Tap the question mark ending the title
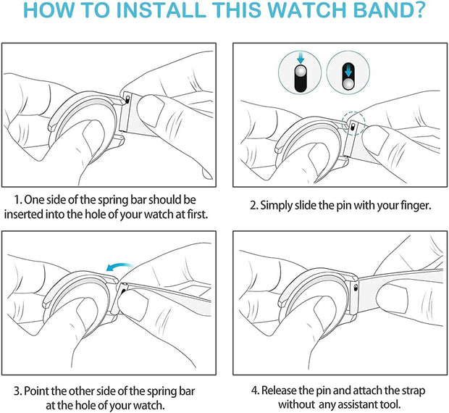[417, 9]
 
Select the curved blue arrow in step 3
[119, 267]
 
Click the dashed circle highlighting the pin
[354, 123]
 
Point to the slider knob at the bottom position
[348, 84]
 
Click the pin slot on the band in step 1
[127, 99]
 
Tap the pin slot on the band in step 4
[356, 287]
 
